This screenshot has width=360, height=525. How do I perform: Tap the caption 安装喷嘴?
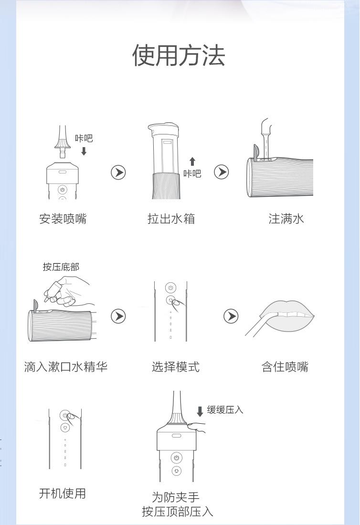[63, 219]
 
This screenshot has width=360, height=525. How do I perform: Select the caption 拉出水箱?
[171, 219]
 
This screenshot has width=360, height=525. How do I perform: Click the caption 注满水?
[286, 219]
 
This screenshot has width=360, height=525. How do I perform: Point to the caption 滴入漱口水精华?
[65, 366]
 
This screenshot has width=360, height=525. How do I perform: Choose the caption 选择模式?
[175, 366]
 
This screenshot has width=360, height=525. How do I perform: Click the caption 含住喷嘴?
[285, 366]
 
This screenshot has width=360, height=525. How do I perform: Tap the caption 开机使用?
[63, 493]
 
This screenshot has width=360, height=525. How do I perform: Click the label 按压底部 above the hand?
[61, 267]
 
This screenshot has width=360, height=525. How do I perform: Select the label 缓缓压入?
[225, 410]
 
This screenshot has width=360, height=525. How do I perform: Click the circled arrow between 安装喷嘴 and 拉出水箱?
[118, 172]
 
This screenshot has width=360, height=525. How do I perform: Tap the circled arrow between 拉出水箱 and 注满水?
[222, 172]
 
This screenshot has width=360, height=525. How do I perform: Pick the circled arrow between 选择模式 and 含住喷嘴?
[231, 316]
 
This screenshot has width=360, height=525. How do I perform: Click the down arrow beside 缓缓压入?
[200, 411]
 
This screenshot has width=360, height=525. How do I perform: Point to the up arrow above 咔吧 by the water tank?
[192, 162]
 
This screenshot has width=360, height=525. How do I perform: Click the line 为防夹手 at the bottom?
[176, 497]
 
